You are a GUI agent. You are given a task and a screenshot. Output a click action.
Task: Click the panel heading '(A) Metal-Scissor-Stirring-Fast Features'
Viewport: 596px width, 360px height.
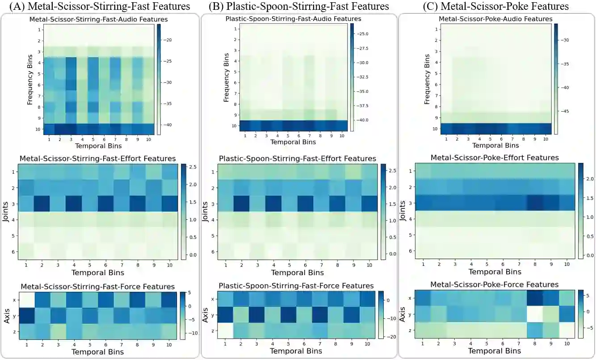(100, 6)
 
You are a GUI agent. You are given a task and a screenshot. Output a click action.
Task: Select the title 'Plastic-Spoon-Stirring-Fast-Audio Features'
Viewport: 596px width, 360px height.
(294, 19)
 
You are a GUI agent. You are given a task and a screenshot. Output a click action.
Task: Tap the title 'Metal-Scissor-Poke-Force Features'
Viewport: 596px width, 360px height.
(494, 285)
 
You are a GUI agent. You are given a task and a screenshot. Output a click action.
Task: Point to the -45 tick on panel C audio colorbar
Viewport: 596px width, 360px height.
(567, 111)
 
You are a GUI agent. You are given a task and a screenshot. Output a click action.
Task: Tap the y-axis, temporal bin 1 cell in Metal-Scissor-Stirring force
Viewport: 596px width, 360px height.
(26, 315)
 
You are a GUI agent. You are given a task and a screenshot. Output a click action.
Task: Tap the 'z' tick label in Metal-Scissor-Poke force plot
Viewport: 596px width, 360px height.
(410, 331)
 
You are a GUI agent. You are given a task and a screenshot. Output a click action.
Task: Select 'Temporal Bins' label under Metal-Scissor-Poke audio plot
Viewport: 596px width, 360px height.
(495, 146)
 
